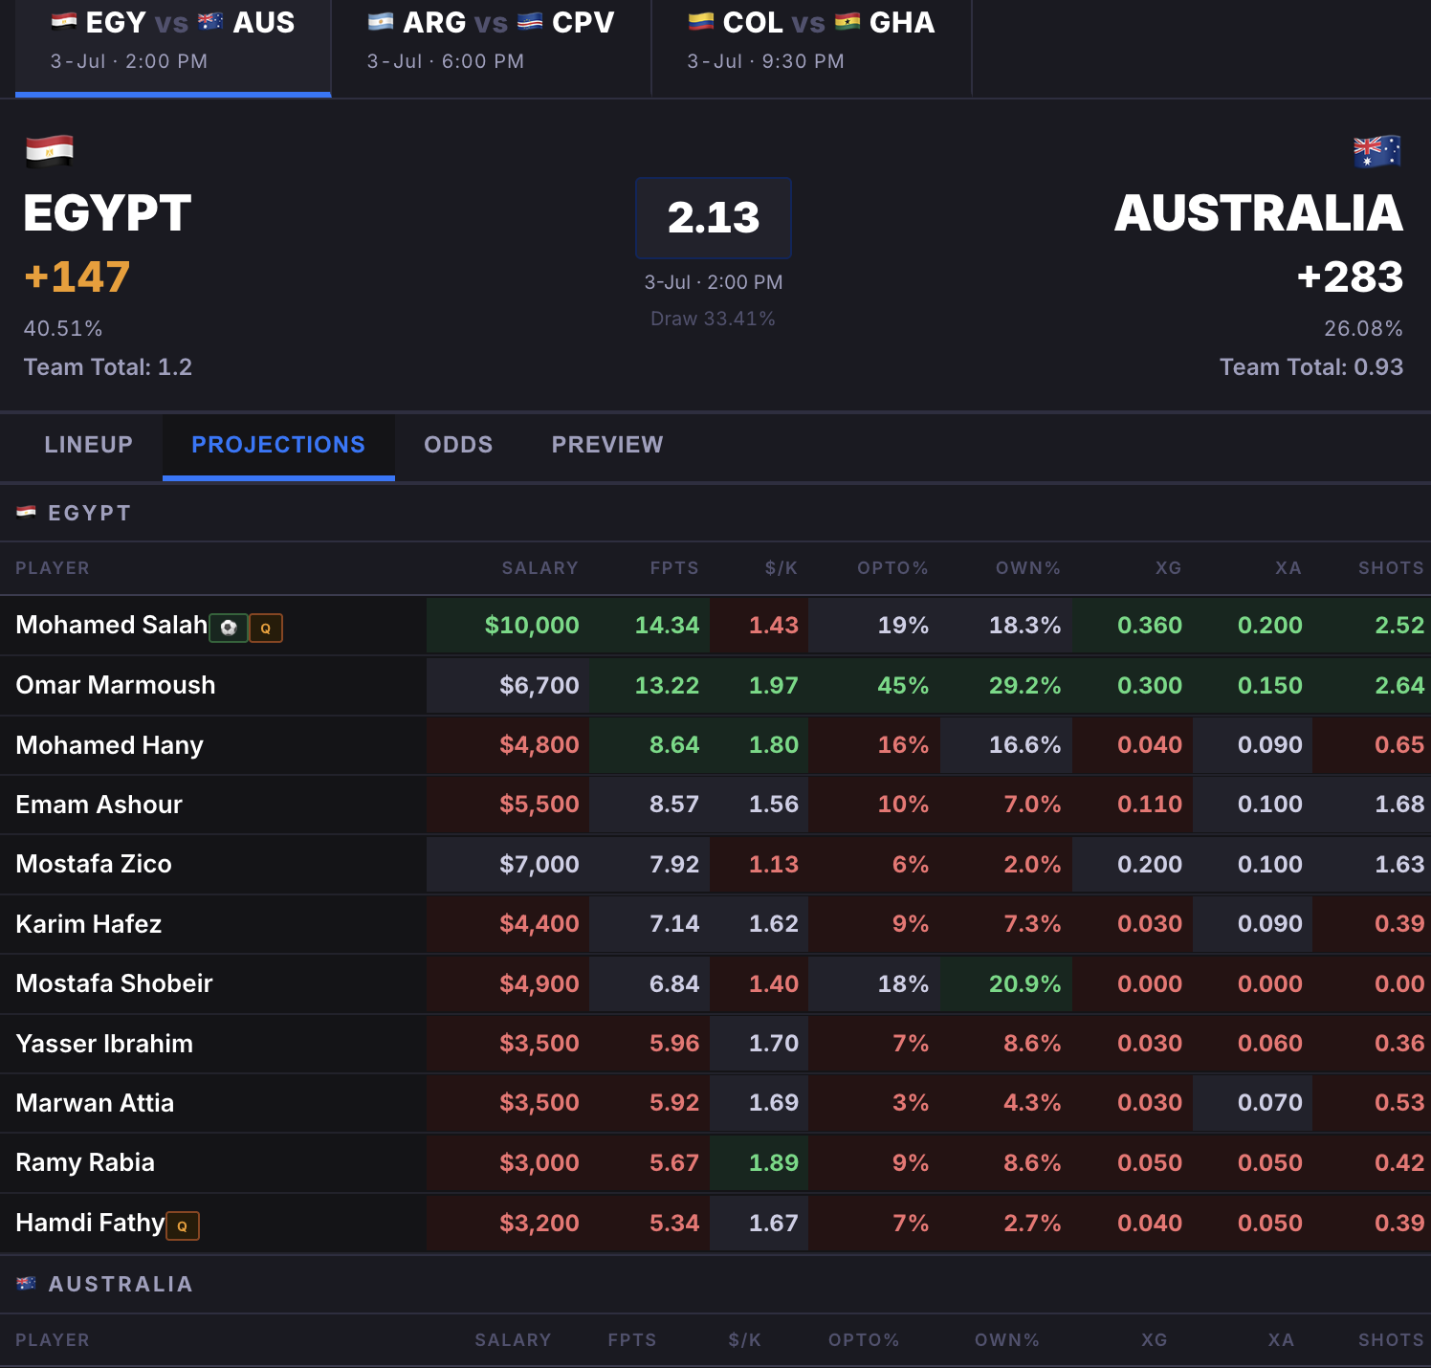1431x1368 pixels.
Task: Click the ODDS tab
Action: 458,445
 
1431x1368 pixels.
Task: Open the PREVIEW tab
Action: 607,445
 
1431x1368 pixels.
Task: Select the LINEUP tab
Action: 88,445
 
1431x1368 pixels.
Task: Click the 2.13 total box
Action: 714,218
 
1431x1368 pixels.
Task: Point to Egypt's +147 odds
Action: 77,277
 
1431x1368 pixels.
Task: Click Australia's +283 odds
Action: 1350,277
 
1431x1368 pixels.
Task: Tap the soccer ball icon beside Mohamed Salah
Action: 229,628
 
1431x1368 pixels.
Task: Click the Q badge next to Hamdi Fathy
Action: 183,1225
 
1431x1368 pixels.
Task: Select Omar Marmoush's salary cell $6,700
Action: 539,685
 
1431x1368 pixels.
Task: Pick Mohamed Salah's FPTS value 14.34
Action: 668,626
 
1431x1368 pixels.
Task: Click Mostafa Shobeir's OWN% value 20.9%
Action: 1024,983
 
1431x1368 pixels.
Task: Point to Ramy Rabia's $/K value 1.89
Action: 774,1162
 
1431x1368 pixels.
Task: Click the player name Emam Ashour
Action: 99,805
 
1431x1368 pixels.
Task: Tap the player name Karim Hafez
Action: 89,924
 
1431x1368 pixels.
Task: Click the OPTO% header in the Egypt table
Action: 892,568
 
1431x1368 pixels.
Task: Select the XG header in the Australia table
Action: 1155,1340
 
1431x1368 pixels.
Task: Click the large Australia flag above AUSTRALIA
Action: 1377,151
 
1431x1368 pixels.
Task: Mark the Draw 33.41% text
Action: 713,319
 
